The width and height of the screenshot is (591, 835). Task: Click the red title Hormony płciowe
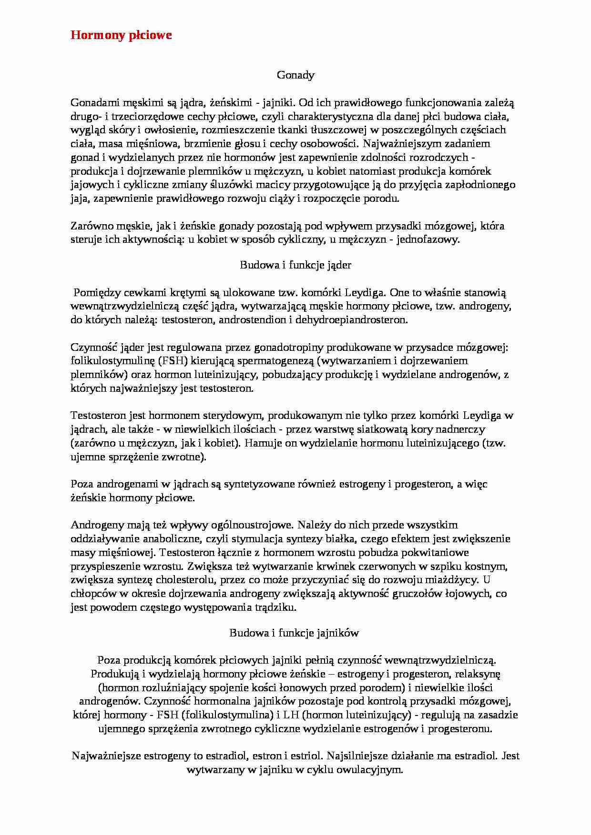pyautogui.click(x=121, y=35)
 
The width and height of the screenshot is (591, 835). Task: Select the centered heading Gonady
pyautogui.click(x=295, y=75)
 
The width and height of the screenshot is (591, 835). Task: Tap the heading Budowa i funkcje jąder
pyautogui.click(x=295, y=265)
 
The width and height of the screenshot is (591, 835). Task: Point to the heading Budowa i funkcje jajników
pyautogui.click(x=294, y=633)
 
